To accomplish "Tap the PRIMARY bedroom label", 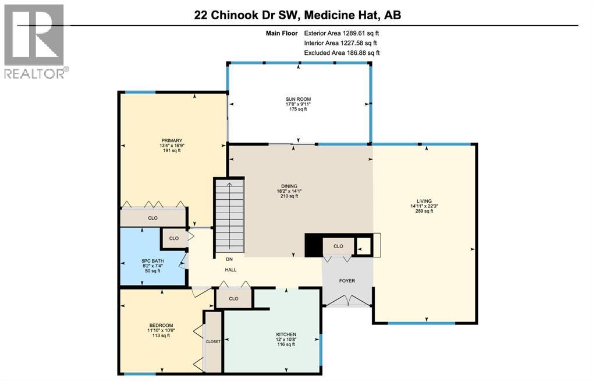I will point(172,140).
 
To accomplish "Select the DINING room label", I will point(289,186).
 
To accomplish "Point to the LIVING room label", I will point(424,201).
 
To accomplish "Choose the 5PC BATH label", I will point(151,260).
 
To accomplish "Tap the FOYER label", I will point(347,281).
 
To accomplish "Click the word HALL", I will point(231,270).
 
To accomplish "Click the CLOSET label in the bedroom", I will point(213,341).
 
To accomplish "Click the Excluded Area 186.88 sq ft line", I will point(342,53).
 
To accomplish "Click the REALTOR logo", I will point(35,41).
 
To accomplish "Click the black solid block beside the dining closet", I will point(314,245).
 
